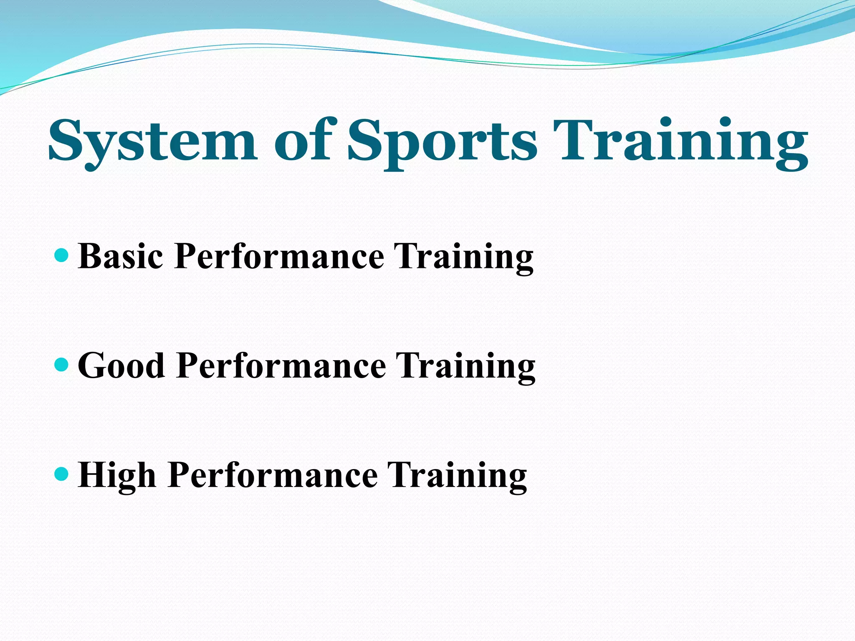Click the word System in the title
[152, 142]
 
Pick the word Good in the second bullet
[121, 366]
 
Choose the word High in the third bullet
[117, 475]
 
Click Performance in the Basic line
[279, 256]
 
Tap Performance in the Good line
[281, 366]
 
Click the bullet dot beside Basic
[61, 255]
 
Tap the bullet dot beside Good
[61, 365]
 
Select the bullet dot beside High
[61, 474]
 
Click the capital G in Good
[92, 366]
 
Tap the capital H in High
[94, 475]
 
